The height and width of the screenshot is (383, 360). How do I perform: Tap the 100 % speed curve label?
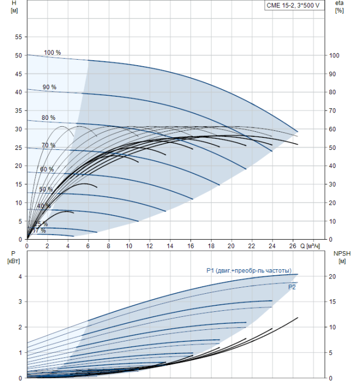52,53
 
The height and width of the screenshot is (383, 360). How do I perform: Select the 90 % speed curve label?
49,87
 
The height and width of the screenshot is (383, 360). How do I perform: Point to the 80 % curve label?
48,118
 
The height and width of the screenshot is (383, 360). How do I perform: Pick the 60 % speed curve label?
47,169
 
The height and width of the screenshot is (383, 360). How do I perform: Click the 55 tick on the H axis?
18,37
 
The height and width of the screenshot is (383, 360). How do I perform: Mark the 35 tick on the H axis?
18,111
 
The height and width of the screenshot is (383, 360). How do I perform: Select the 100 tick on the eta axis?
335,56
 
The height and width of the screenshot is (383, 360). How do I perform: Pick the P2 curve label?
292,286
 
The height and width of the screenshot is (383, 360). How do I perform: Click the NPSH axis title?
340,257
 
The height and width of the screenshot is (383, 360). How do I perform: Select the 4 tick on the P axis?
20,277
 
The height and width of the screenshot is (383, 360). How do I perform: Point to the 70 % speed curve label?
48,145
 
